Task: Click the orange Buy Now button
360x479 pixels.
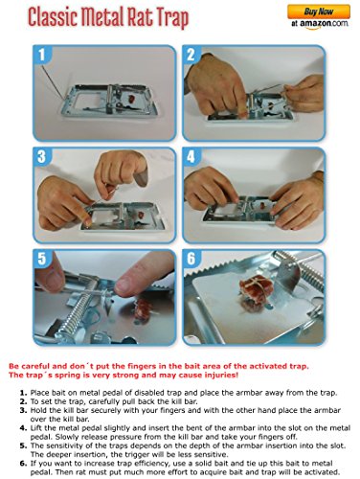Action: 319,11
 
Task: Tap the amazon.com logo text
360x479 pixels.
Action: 320,24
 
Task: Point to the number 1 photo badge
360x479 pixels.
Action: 42,55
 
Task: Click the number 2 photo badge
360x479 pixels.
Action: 191,55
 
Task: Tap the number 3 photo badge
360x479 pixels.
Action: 42,157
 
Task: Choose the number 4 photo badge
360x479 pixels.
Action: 191,157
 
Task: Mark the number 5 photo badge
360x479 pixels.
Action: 42,259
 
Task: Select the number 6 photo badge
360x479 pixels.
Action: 191,259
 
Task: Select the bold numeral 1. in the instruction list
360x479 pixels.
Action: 23,393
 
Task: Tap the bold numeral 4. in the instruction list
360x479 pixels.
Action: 23,428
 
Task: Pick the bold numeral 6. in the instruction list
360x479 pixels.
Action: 23,464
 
